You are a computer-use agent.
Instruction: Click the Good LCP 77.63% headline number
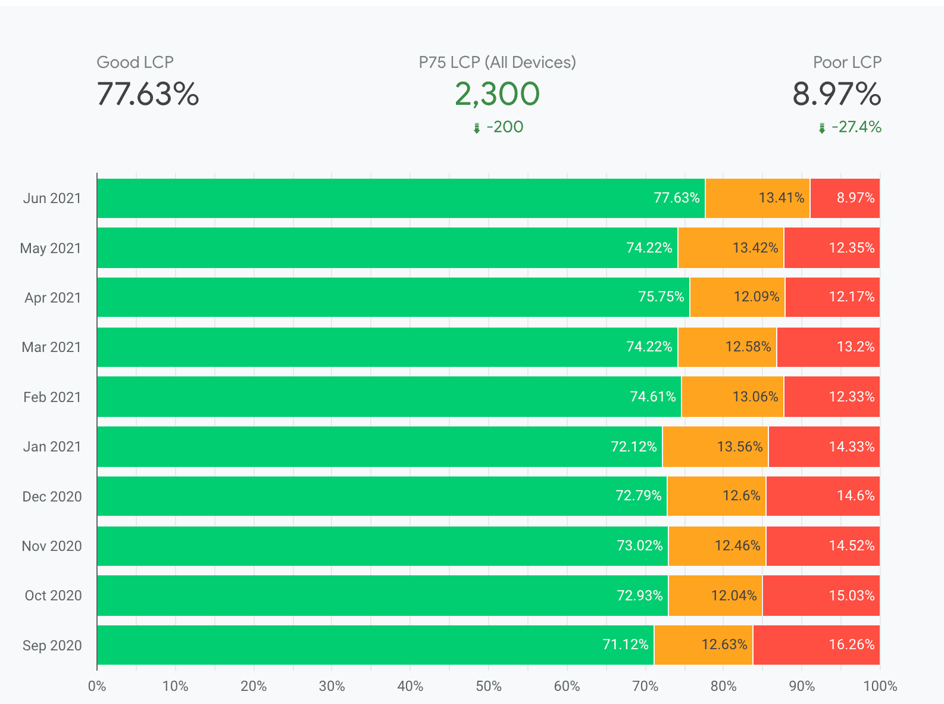tap(148, 94)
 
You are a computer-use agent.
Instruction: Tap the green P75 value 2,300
tap(497, 94)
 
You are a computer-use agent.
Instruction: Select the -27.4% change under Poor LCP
tap(856, 127)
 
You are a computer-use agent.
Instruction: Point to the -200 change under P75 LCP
tap(504, 127)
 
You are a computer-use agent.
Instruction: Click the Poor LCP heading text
tap(847, 63)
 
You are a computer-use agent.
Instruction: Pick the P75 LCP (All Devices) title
tap(497, 63)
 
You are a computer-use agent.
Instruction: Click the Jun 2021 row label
tap(52, 198)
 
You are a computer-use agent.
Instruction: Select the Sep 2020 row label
tap(52, 645)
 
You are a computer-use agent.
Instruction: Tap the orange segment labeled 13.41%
tap(757, 198)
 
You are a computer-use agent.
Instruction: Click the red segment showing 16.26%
tap(816, 645)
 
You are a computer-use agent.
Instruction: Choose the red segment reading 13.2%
tap(828, 347)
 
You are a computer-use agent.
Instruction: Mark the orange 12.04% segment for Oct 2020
tap(715, 596)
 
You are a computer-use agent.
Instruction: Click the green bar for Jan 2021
tap(379, 447)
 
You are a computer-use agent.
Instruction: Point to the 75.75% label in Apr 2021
tap(661, 297)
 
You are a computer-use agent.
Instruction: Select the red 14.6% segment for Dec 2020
tap(823, 496)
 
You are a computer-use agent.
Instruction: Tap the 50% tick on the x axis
tap(488, 686)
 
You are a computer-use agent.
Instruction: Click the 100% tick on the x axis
tap(880, 686)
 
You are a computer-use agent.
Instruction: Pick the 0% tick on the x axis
tap(97, 686)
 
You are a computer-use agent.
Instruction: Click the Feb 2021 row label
tap(52, 397)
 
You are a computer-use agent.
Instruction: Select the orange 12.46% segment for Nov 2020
tap(717, 546)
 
